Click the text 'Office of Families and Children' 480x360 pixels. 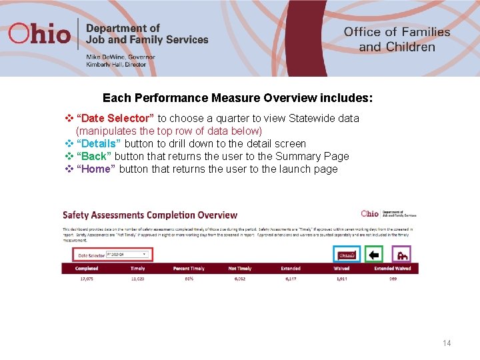(397, 39)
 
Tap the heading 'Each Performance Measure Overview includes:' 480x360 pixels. (237, 98)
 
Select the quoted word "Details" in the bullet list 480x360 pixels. (99, 143)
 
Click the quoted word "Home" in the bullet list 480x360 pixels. (96, 169)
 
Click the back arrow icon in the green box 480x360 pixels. (374, 255)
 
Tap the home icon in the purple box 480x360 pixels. (401, 255)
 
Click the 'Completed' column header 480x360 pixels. (87, 268)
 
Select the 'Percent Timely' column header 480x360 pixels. (189, 268)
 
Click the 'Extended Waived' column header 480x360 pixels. (392, 268)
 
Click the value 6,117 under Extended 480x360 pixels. (291, 279)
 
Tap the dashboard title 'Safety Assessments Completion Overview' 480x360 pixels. (150, 215)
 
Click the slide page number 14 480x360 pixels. (447, 343)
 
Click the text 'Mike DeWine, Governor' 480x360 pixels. (120, 57)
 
